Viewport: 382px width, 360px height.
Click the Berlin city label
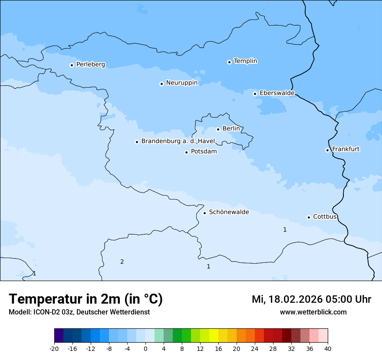231,129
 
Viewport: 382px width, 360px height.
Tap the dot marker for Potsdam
186,152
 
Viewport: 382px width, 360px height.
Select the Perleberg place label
90,65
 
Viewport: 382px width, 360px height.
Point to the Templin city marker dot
229,62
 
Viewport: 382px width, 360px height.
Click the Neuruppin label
181,83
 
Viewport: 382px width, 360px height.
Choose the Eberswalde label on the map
277,93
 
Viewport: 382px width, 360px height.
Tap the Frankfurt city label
346,149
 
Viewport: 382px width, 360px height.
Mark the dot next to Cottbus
309,217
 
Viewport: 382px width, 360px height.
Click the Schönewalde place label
229,212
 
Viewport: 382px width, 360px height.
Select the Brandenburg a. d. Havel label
178,141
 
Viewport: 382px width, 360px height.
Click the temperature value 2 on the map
122,262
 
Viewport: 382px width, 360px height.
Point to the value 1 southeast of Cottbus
285,229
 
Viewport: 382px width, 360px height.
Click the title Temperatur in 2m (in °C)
86,299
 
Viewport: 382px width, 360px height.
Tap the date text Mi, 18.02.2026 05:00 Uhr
311,299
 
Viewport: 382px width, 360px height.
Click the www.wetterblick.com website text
313,312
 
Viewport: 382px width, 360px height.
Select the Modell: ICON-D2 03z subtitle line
79,312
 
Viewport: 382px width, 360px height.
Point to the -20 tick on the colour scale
54,348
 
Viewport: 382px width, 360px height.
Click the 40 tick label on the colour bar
328,348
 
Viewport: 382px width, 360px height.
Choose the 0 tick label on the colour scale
145,348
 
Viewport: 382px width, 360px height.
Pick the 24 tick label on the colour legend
255,348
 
